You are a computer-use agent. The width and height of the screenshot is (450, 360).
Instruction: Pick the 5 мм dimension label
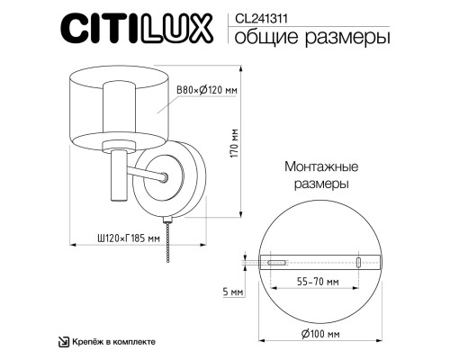coord(234,293)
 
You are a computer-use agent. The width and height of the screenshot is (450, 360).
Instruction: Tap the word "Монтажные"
coord(321,167)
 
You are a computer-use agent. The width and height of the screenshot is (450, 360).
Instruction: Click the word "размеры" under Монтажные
coord(321,184)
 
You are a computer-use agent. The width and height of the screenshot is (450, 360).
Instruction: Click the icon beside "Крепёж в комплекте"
coord(64,342)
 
